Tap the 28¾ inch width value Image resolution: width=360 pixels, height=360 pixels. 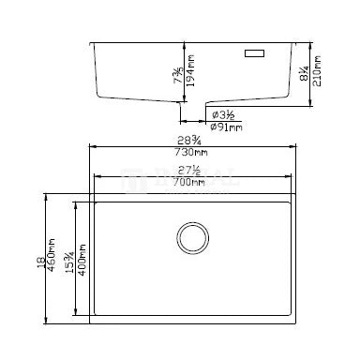(196, 140)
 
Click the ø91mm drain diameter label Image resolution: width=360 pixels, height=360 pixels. (227, 127)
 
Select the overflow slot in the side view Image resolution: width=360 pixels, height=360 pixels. (254, 54)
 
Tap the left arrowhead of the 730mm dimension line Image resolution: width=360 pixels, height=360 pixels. (92, 147)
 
